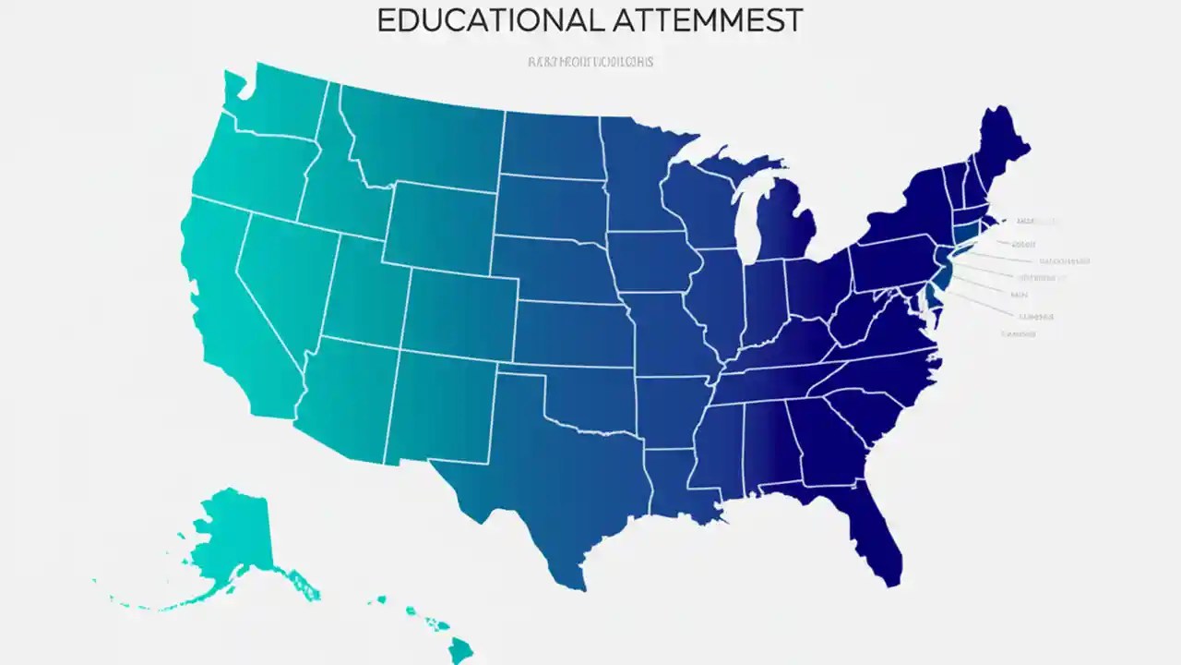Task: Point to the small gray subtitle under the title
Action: click(x=590, y=62)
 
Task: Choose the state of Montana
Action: click(x=424, y=139)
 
